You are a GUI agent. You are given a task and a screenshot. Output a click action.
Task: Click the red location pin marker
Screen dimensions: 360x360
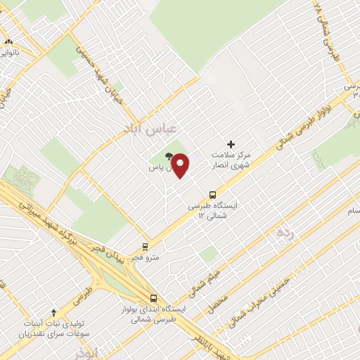[181, 165]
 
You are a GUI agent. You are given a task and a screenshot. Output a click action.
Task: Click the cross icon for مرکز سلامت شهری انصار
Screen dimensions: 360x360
[231, 144]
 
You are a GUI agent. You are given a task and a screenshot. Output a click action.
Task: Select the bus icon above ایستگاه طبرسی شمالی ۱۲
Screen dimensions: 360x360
[212, 195]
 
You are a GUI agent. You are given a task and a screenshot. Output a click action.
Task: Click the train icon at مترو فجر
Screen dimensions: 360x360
[145, 247]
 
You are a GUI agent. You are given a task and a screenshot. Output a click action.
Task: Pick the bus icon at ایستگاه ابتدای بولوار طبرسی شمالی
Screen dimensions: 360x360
[153, 297]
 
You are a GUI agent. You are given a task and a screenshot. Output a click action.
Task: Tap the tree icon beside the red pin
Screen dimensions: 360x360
[168, 156]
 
